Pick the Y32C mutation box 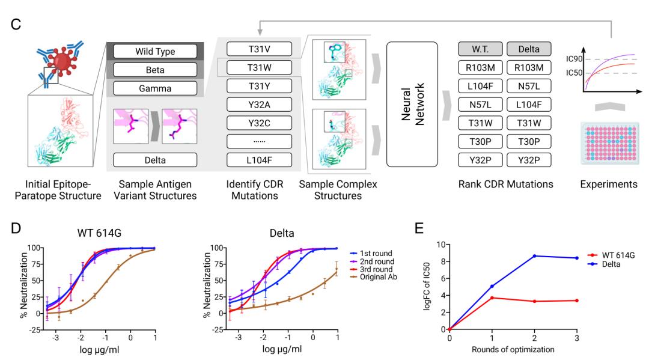258,123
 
